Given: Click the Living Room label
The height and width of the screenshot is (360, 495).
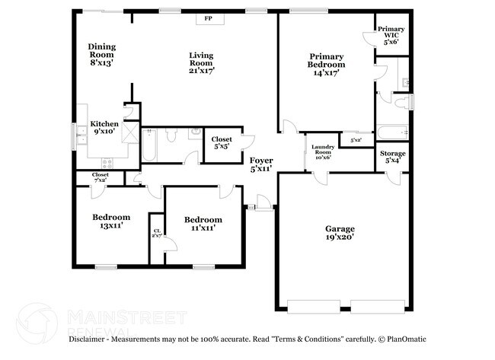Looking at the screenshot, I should click(x=202, y=63).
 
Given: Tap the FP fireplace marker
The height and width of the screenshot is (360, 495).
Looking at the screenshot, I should click(x=207, y=19).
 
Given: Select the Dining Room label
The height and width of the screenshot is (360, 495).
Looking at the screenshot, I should click(x=101, y=55).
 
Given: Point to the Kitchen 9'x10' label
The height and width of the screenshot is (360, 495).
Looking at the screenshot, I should click(x=105, y=128).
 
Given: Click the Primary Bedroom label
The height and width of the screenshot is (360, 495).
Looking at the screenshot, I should click(x=327, y=60).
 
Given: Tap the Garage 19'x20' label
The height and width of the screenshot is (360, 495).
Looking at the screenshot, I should click(x=340, y=233).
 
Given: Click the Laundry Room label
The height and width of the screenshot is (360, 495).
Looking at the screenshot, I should click(x=321, y=151).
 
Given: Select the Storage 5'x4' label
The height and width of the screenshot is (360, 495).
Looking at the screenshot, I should click(x=393, y=158).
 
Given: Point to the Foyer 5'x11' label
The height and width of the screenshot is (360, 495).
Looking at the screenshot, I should click(x=262, y=165).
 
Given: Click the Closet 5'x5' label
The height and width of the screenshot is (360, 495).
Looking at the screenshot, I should click(x=222, y=143).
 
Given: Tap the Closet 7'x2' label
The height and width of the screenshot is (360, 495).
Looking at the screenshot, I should click(x=101, y=177).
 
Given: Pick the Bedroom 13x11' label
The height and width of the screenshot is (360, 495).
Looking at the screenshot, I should click(x=111, y=221).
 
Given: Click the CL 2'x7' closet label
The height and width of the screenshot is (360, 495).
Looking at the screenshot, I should click(x=157, y=233).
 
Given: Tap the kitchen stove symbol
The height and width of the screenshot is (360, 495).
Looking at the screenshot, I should click(x=107, y=163).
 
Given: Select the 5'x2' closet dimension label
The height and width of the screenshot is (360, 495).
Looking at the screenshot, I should click(x=356, y=141).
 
